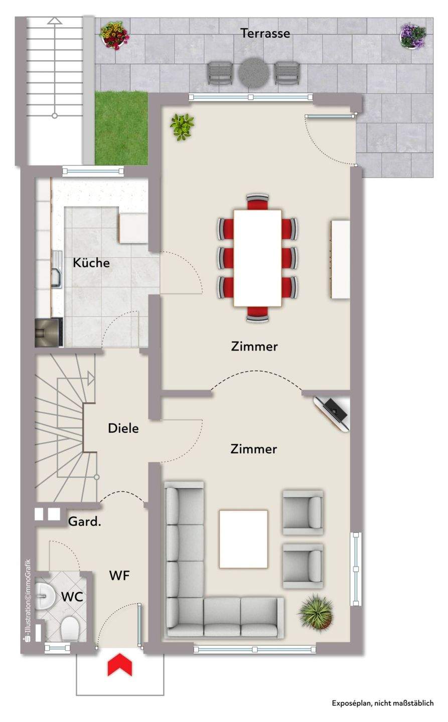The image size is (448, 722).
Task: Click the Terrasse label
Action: click(265, 34)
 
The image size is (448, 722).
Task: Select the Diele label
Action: click(123, 428)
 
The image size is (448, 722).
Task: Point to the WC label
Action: click(72, 597)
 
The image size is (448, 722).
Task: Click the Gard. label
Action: click(84, 521)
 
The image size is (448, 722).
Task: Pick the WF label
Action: click(119, 576)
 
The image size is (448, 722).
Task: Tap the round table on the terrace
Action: click(253, 73)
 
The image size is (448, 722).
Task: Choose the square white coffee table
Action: click(243, 539)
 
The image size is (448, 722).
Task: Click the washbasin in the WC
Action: click(43, 596)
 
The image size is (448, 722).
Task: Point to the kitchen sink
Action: click(57, 269)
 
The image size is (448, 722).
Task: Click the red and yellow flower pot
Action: click(114, 35)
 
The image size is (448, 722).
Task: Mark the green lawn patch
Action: click(121, 128)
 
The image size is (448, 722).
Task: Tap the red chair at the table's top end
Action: click(257, 202)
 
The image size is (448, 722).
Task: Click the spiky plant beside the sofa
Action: click(317, 612)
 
